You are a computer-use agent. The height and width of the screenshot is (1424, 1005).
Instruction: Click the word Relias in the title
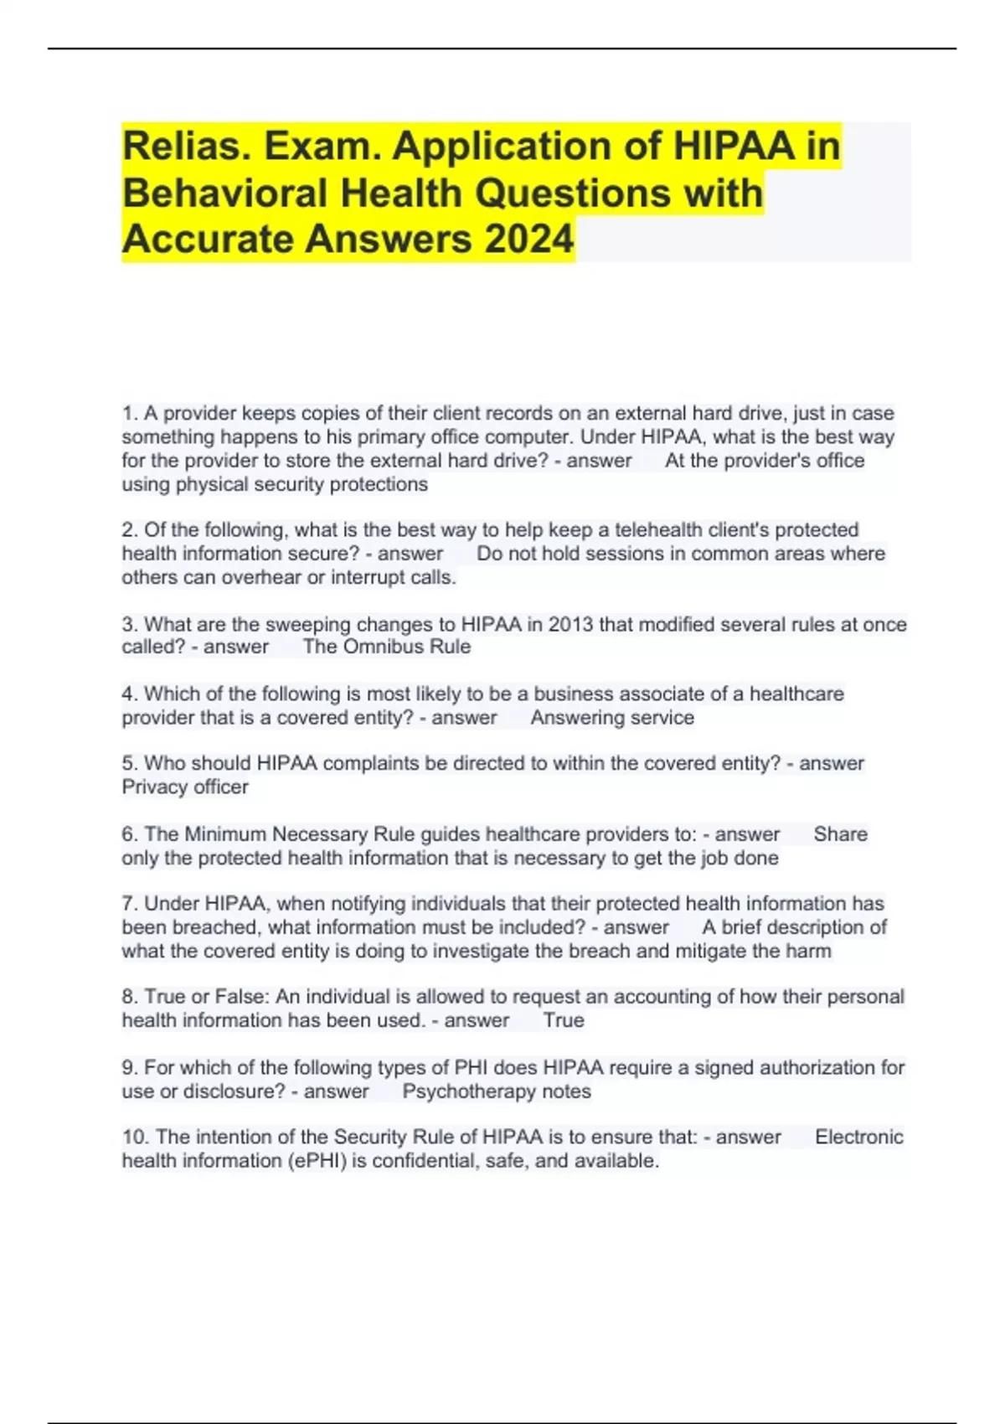[x=187, y=147]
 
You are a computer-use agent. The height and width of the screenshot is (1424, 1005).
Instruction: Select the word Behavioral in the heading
[x=225, y=193]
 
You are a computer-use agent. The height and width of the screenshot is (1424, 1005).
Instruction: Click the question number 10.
[x=134, y=1138]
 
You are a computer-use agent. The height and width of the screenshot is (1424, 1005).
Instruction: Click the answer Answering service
[x=612, y=718]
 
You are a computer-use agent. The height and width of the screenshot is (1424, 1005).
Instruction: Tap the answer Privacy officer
[x=185, y=787]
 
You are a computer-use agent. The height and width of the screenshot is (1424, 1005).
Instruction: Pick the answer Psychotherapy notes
[x=497, y=1091]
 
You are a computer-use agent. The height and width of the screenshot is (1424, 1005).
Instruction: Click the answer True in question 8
[x=564, y=1020]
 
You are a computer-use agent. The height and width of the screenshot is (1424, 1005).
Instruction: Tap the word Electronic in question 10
[x=859, y=1138]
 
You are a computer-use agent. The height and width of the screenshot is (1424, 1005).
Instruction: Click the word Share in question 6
[x=840, y=834]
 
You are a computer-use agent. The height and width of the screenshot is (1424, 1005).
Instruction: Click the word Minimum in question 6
[x=225, y=834]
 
